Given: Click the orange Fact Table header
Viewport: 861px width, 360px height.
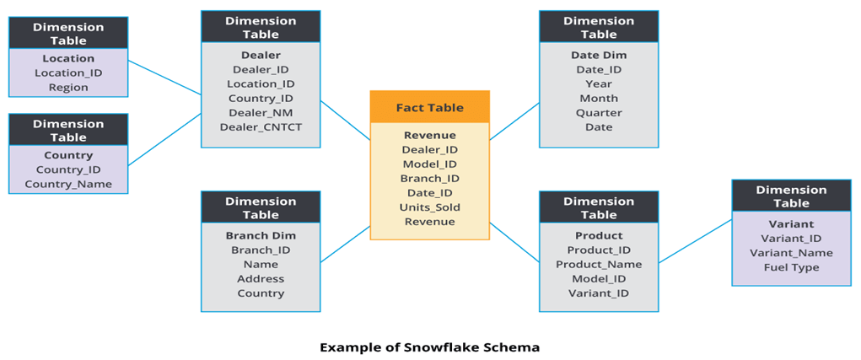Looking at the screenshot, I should point(429,107).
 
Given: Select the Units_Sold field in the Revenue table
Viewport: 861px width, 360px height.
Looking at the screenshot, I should point(429,207).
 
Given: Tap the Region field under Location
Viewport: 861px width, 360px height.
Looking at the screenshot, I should point(68,88).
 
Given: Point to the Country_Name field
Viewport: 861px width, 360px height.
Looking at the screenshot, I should point(68,185).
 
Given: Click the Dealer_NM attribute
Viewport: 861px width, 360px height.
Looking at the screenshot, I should point(261,113).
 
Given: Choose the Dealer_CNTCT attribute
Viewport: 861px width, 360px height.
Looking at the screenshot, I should point(261,127).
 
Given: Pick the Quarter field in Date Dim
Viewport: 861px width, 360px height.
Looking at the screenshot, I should point(599,113).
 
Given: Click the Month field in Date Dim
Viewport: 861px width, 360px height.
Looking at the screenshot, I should point(599,99).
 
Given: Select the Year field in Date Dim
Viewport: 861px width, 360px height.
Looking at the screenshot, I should point(599,84).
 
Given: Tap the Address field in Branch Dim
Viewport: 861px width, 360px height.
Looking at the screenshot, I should point(261,279).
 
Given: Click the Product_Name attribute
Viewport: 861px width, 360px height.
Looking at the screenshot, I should point(599,265).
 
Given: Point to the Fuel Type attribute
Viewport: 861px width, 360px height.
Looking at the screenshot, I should point(791,267).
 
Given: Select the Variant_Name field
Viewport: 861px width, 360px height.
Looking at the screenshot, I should point(791,253).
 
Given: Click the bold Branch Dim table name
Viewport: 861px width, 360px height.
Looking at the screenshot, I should point(261,236).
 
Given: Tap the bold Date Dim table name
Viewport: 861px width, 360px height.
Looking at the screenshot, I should point(599,56).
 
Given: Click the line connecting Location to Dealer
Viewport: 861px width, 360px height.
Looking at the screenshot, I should point(164,77).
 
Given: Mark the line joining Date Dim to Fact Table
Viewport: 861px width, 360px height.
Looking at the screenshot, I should point(514,121).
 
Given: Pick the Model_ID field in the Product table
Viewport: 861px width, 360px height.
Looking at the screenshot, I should point(599,279).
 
